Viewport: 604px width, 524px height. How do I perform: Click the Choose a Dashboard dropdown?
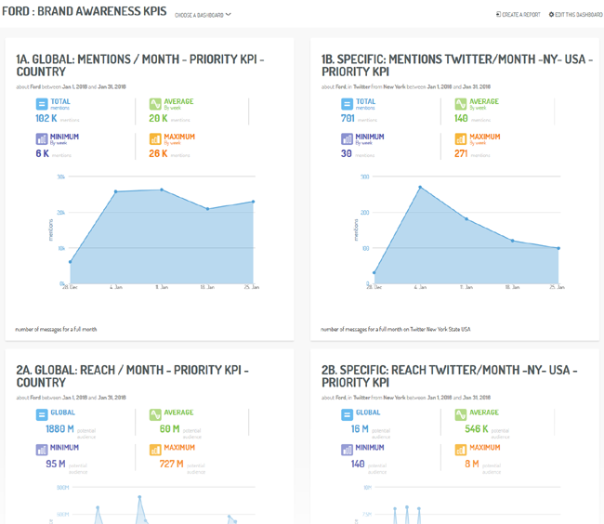pyautogui.click(x=203, y=15)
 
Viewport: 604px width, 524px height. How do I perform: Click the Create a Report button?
pyautogui.click(x=518, y=15)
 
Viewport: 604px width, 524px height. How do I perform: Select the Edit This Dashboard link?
pyautogui.click(x=575, y=15)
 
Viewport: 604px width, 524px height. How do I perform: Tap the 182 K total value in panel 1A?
pyautogui.click(x=46, y=118)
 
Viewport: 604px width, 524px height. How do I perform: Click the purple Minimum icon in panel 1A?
pyautogui.click(x=41, y=139)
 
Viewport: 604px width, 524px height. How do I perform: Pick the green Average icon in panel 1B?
pyautogui.click(x=460, y=104)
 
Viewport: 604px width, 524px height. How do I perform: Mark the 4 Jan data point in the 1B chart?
pyautogui.click(x=420, y=188)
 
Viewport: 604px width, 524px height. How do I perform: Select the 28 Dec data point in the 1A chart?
pyautogui.click(x=70, y=262)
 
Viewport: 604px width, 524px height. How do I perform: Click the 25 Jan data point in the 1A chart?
pyautogui.click(x=253, y=202)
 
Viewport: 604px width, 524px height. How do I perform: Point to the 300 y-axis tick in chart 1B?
pyautogui.click(x=365, y=177)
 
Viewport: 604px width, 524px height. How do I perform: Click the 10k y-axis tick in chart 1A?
pyautogui.click(x=61, y=248)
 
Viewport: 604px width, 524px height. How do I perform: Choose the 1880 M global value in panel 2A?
pyautogui.click(x=59, y=429)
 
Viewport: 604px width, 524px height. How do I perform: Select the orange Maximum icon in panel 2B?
pyautogui.click(x=460, y=451)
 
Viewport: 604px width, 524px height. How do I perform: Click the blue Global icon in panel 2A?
pyautogui.click(x=41, y=415)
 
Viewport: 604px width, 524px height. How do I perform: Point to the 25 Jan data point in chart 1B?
pyautogui.click(x=558, y=248)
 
